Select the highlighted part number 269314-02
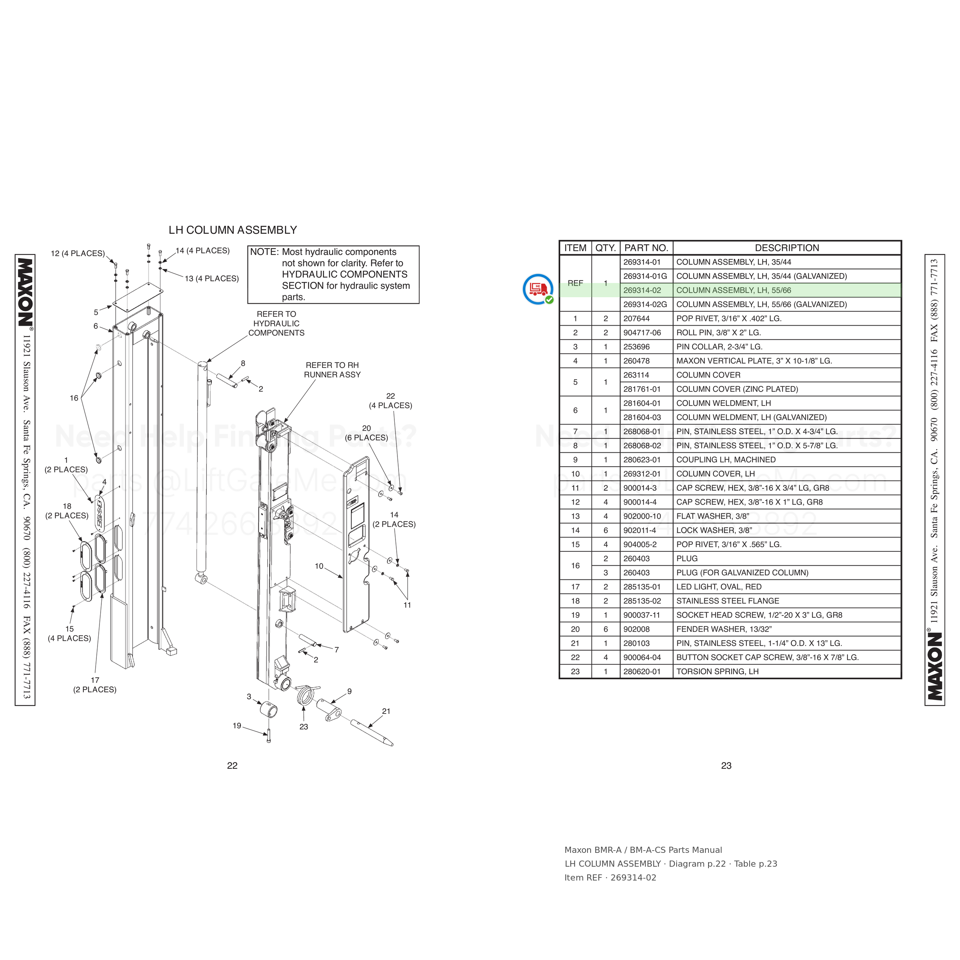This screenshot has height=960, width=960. point(642,290)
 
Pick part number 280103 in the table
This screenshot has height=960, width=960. point(636,643)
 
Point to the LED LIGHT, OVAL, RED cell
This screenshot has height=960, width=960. point(718,587)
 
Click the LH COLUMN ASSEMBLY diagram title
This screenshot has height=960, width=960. point(233,230)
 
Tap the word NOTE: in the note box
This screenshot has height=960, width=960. point(264,252)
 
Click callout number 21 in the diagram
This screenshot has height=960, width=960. point(386,711)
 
